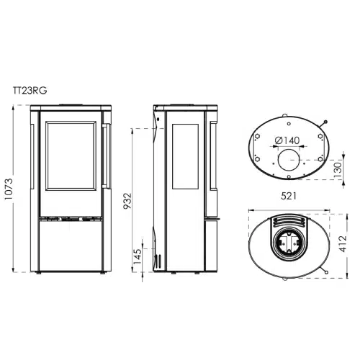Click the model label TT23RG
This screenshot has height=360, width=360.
30,91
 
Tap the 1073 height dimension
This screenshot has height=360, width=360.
8,189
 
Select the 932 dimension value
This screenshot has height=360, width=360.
127,201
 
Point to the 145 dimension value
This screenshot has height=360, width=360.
138,256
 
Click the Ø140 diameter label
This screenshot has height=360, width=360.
287,140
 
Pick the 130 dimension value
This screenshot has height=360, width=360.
338,170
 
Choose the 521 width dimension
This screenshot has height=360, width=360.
289,196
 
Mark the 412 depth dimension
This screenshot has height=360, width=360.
343,244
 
